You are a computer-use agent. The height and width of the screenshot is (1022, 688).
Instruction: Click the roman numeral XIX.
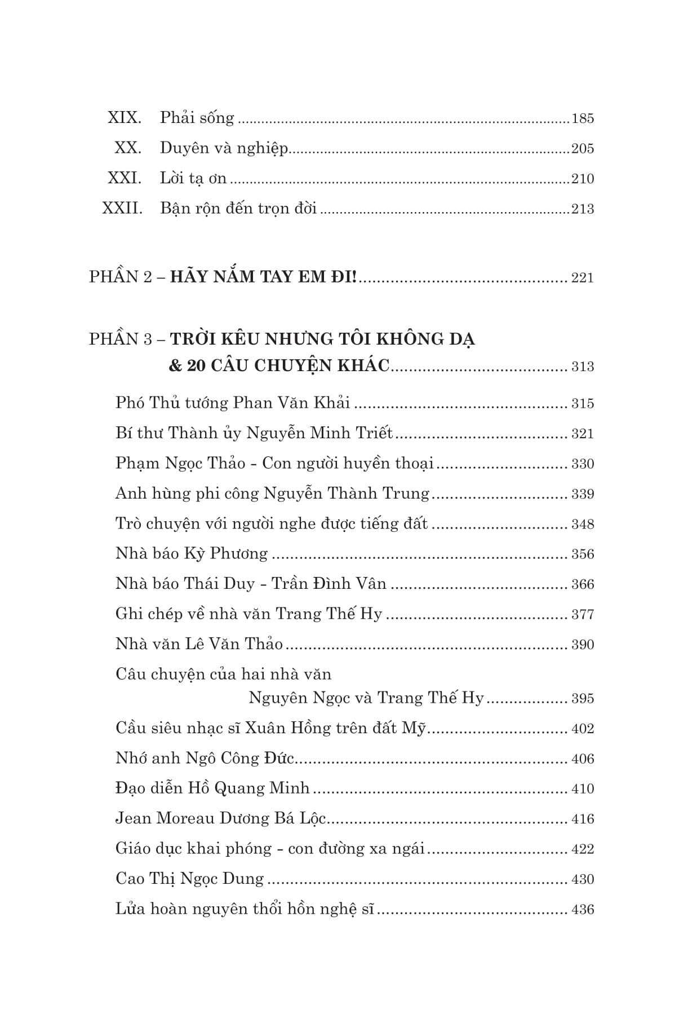(x=124, y=118)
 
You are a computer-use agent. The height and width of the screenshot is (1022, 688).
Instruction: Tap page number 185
(x=583, y=119)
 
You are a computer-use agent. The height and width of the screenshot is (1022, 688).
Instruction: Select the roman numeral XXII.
(x=122, y=209)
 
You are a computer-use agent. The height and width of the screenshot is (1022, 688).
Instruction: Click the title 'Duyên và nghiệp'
(x=224, y=149)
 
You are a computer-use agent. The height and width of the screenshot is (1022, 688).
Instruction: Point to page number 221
(x=583, y=278)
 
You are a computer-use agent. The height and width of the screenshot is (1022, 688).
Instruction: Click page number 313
(x=583, y=367)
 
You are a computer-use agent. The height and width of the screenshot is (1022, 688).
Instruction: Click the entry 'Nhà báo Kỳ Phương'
(x=192, y=554)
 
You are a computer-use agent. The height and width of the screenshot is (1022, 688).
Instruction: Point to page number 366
(x=583, y=585)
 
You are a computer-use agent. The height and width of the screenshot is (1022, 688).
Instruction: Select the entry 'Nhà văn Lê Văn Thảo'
(x=199, y=644)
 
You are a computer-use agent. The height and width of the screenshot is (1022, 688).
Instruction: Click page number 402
(x=583, y=729)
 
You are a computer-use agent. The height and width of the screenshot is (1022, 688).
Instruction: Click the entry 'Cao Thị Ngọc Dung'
(x=189, y=879)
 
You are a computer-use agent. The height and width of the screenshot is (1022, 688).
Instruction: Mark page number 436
(x=583, y=910)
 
